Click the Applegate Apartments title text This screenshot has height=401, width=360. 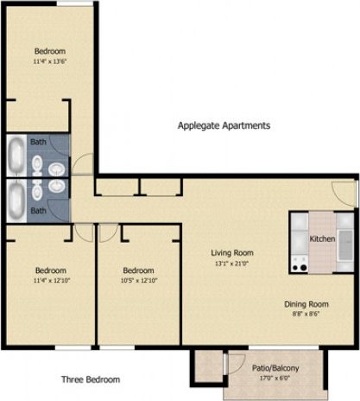[x=224, y=125]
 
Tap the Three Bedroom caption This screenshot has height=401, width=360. [x=91, y=379]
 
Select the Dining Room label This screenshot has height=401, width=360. [x=308, y=304]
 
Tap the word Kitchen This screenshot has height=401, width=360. [x=322, y=239]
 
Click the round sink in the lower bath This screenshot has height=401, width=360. [x=56, y=185]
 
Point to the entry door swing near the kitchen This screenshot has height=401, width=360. [x=344, y=191]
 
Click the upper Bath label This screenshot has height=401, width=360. [x=39, y=141]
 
